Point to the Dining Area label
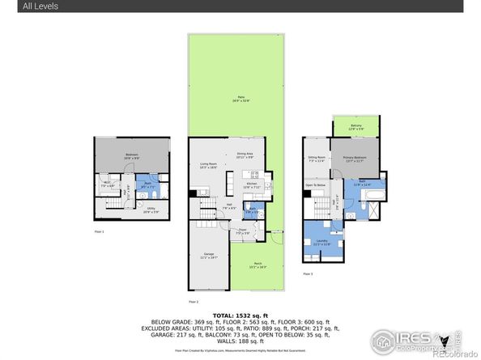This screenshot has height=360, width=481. pyautogui.click(x=245, y=155)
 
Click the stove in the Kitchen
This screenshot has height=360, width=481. pyautogui.click(x=254, y=175)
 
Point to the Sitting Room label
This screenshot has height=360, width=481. pyautogui.click(x=317, y=159)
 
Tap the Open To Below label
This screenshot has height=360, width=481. pyautogui.click(x=315, y=185)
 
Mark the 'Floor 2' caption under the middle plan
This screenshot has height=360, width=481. pyautogui.click(x=194, y=302)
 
